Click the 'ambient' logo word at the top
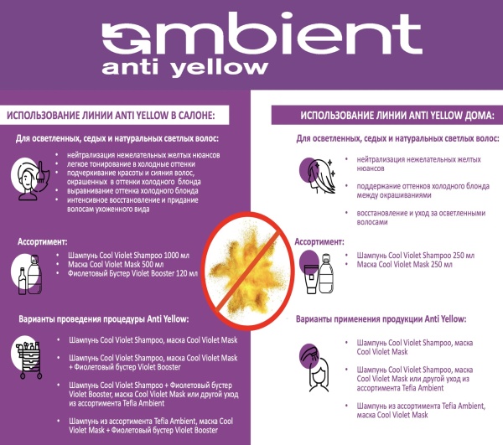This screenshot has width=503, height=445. tap(262, 34)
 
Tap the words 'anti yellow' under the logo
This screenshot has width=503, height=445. tap(184, 68)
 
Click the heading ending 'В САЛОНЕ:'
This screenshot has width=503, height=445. tap(111, 116)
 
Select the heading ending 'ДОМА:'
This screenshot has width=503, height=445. tap(397, 116)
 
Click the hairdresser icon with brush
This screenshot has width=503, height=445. tap(30, 179)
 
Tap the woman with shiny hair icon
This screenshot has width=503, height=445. tap(318, 176)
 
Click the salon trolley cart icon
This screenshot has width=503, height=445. tap(28, 358)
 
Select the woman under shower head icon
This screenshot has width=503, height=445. tap(315, 368)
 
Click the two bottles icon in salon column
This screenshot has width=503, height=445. tap(28, 274)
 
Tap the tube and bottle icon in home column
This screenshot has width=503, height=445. tap(317, 272)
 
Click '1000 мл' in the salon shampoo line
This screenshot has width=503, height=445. tap(176, 256)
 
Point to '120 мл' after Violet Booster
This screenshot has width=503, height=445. tap(187, 273)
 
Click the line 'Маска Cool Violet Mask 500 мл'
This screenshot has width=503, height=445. tap(116, 265)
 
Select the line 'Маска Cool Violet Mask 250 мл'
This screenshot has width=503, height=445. tap(405, 265)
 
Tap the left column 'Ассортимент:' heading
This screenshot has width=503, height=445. tap(43, 241)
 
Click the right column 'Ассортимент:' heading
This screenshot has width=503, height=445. tap(319, 241)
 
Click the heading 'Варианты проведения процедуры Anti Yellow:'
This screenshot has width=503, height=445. tap(104, 319)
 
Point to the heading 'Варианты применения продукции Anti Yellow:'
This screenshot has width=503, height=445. tap(381, 319)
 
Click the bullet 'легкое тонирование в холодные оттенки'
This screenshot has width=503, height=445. tap(131, 164)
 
